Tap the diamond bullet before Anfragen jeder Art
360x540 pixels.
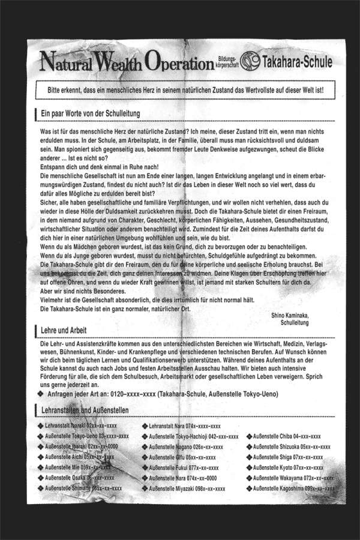pyautogui.click(x=41, y=395)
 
